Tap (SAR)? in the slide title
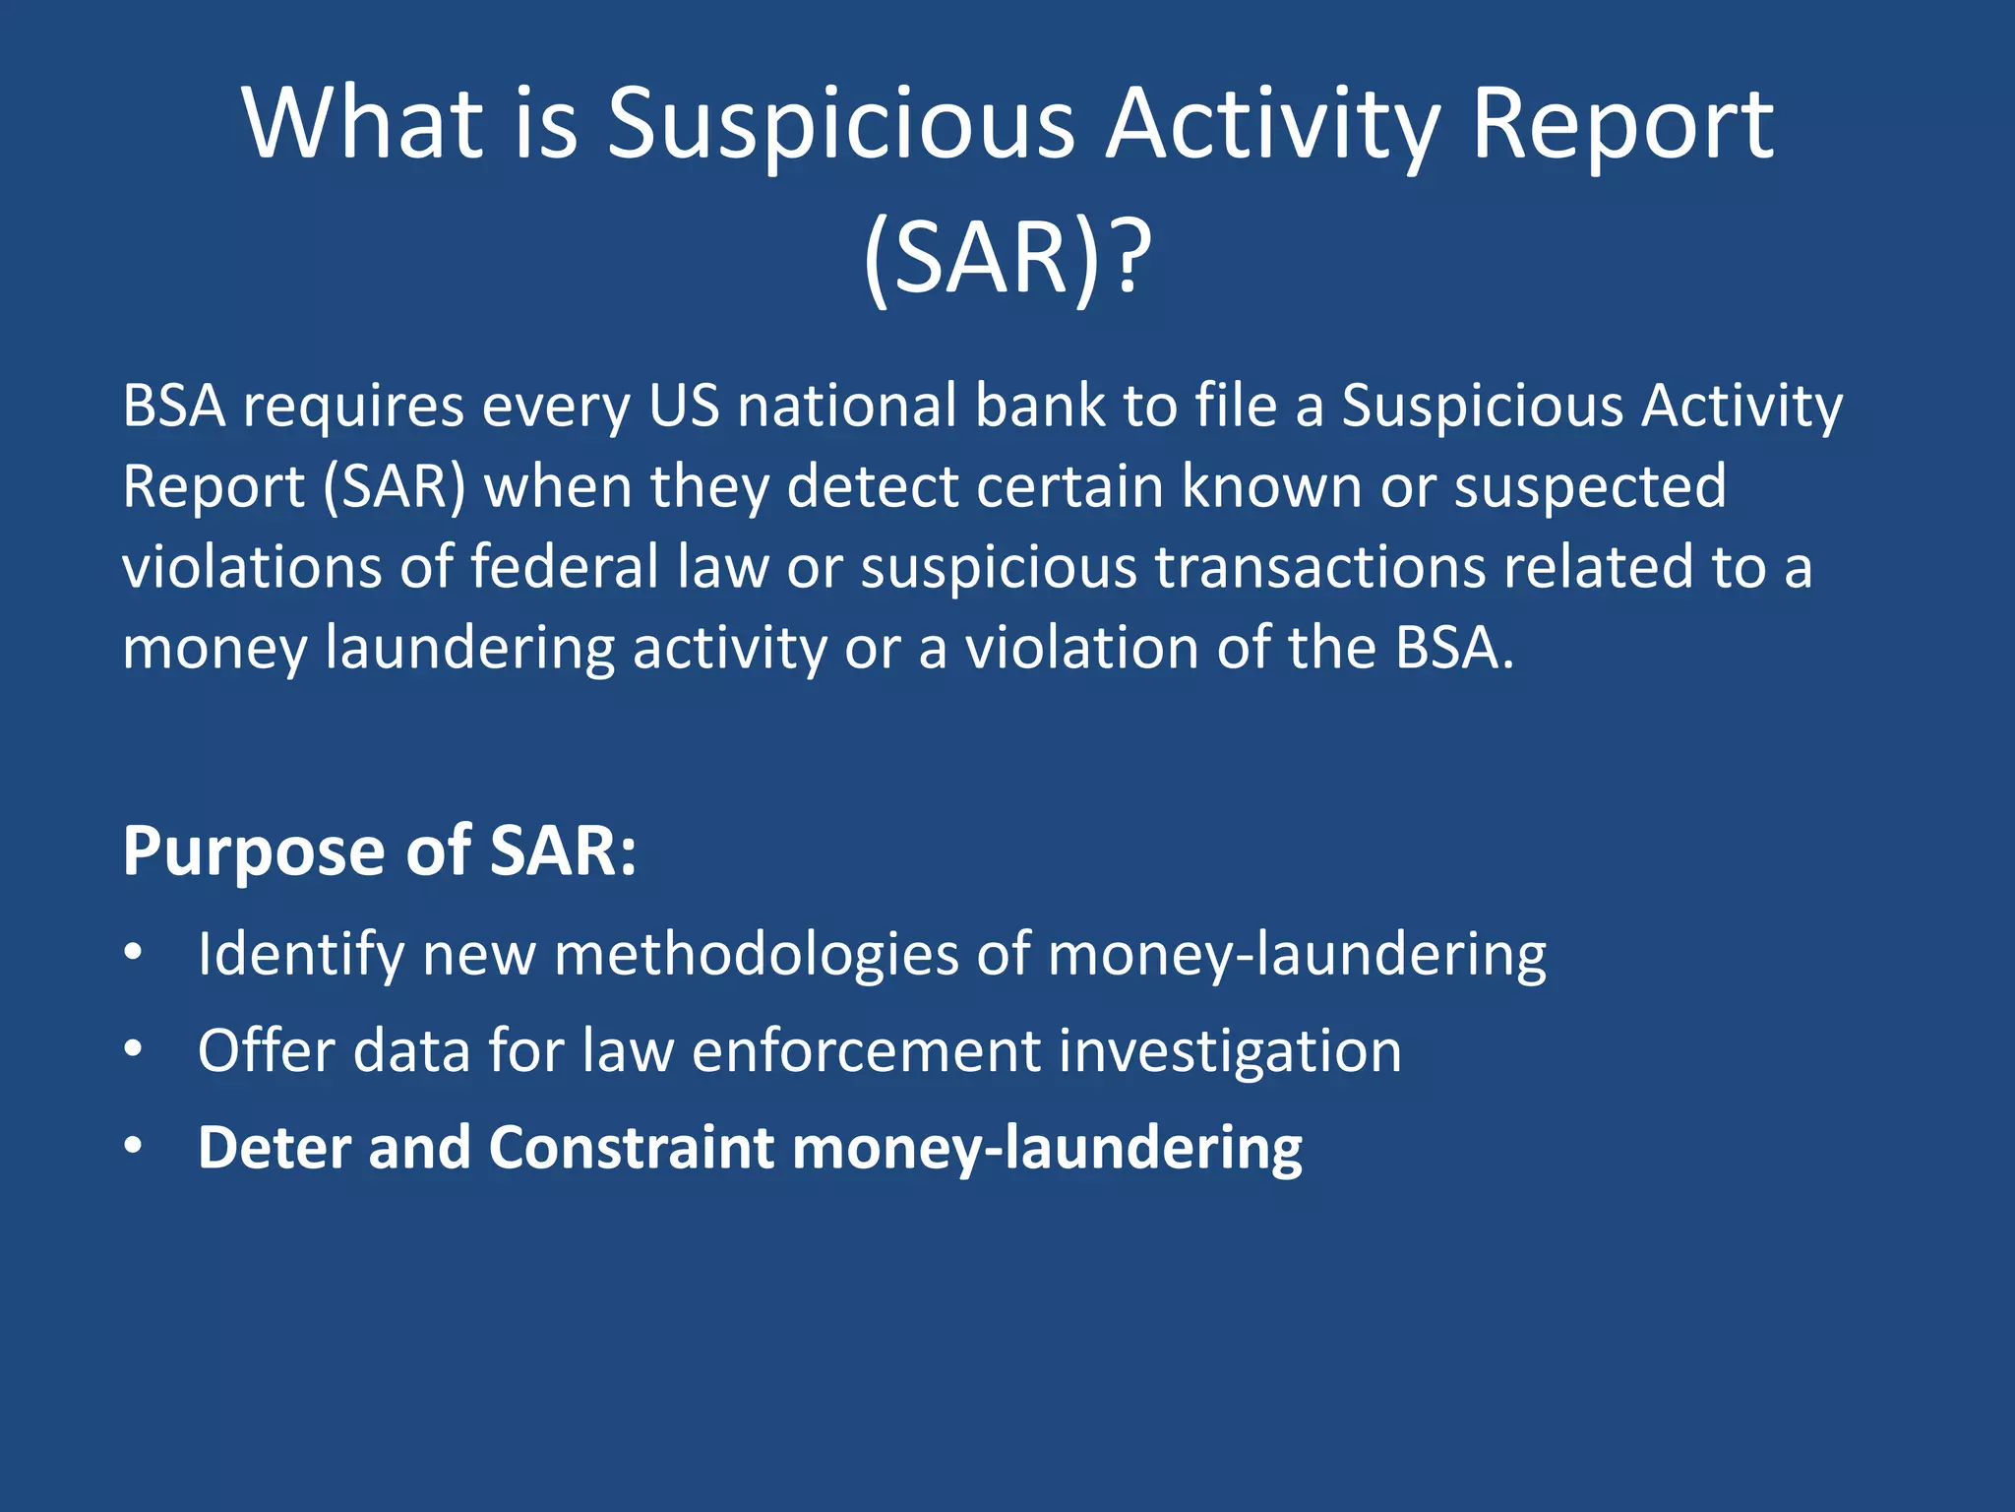click(1006, 258)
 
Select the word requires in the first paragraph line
click(354, 407)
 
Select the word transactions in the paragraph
click(1319, 568)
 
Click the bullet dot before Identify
click(134, 953)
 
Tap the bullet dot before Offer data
click(134, 1050)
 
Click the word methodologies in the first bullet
click(756, 955)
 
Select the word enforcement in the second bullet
click(866, 1051)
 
